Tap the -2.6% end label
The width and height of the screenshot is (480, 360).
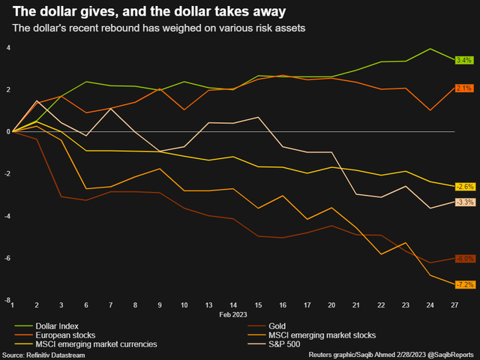point(465,186)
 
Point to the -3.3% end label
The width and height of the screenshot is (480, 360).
point(465,202)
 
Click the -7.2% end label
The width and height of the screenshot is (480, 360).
point(465,285)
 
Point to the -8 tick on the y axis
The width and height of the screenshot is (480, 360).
point(7,300)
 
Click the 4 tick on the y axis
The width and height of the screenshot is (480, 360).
point(8,47)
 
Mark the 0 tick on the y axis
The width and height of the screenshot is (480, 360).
point(8,132)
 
